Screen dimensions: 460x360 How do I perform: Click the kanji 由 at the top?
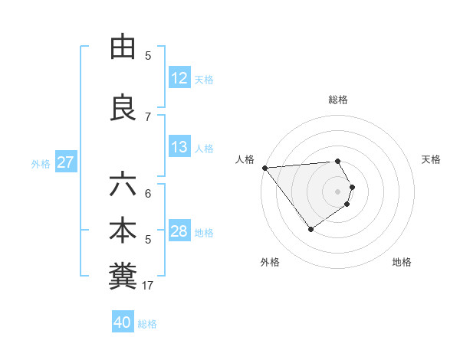point(123,47)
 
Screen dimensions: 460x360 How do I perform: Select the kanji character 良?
point(123,108)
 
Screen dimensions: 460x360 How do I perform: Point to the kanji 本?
point(123,232)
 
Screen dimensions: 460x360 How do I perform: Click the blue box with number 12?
point(179,78)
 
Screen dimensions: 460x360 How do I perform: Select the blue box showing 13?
point(179,147)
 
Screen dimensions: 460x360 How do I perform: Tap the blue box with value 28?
point(179,231)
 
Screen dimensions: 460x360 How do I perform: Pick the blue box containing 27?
point(65,162)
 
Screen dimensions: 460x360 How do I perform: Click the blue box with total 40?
point(123,322)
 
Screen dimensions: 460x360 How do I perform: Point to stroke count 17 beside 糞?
point(148,286)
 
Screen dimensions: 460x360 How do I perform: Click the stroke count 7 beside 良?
point(148,116)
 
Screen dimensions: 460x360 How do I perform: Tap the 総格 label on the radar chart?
point(337,100)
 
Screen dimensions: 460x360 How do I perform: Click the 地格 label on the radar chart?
point(402,262)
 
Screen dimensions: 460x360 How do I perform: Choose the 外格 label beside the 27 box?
point(41,163)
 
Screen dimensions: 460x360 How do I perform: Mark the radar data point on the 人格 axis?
point(264,167)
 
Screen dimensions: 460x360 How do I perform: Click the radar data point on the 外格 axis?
point(310,228)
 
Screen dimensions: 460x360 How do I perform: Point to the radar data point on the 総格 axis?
point(337,161)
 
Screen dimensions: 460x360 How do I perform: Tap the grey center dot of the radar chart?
point(337,191)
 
